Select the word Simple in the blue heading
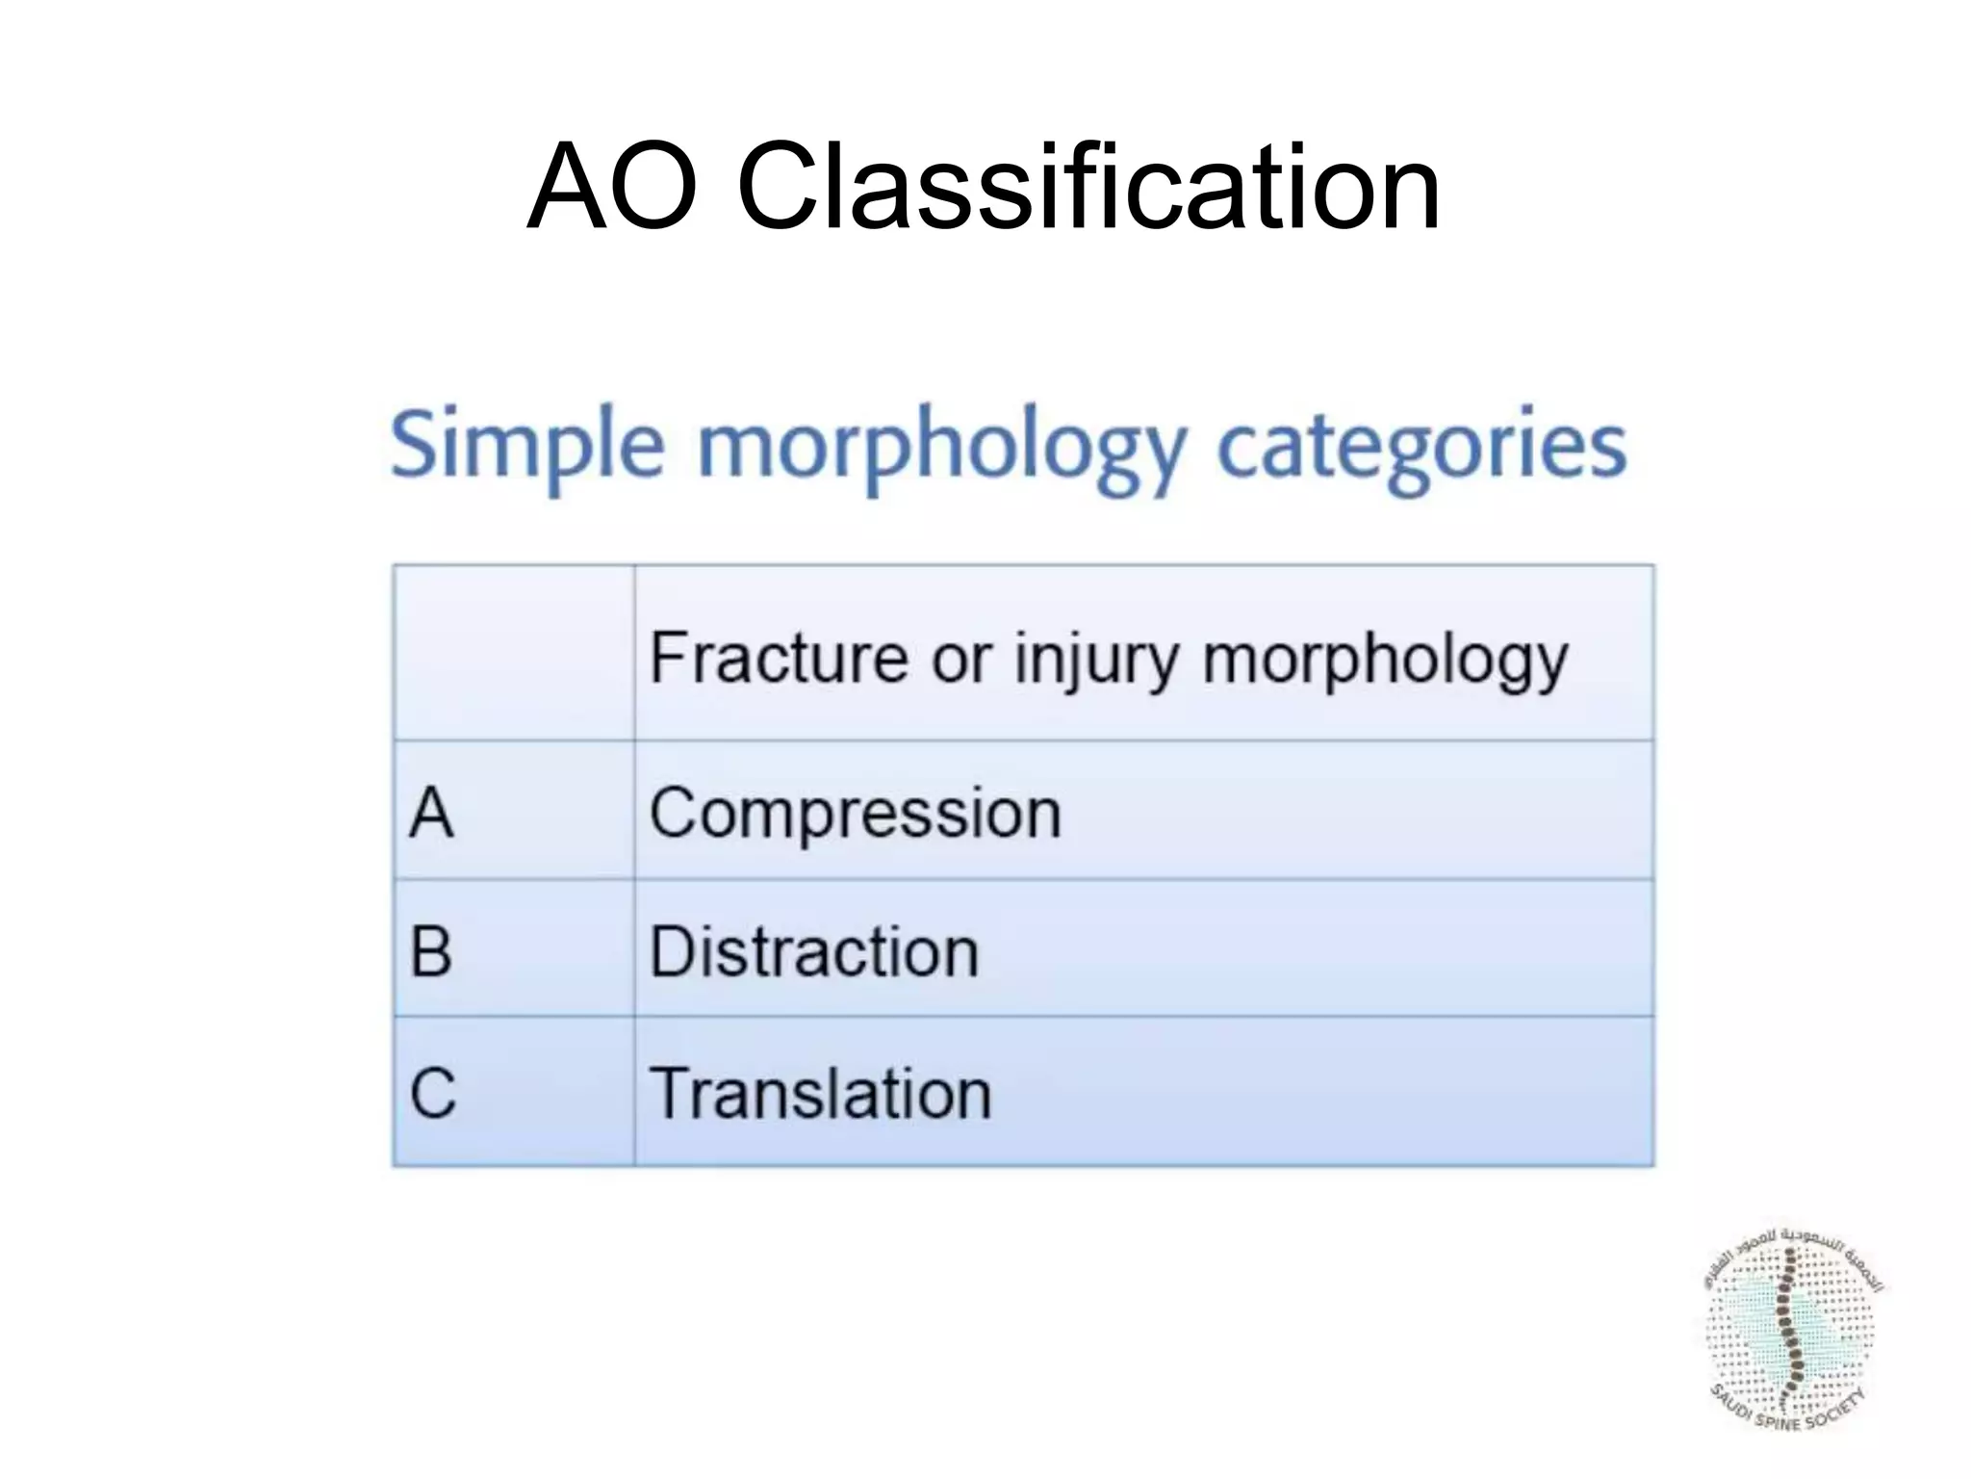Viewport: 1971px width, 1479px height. pos(527,446)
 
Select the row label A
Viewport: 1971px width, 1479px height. pos(430,812)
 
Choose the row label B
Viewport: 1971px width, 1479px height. pos(430,951)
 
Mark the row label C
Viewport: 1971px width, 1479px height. pos(432,1094)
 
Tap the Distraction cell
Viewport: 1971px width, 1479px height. pos(814,952)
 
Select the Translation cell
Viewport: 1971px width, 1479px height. pos(820,1095)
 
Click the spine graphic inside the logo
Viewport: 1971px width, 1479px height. pos(1790,1329)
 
